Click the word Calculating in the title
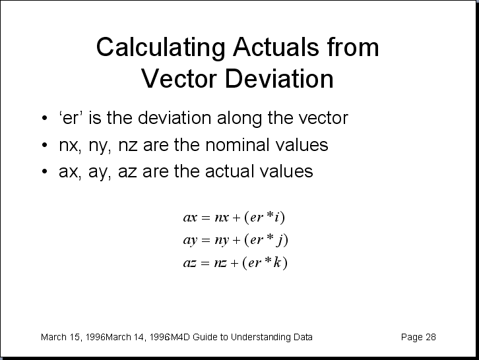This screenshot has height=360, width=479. tap(161, 48)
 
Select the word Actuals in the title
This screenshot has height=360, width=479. tap(276, 47)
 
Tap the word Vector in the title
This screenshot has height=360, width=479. tap(179, 78)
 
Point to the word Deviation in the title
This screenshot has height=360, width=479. tap(279, 78)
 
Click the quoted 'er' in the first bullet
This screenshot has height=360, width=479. tap(71, 118)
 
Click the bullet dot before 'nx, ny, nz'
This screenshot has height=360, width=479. tap(45, 145)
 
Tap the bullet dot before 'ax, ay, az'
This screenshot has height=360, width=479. tap(45, 171)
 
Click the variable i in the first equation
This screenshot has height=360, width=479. tap(276, 217)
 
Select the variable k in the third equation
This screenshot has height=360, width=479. tap(277, 262)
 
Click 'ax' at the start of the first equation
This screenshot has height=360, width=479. tap(190, 218)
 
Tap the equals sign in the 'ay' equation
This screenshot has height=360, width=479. tap(206, 240)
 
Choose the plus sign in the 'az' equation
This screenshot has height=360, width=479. tap(234, 263)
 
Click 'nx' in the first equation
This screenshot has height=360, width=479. tap(222, 218)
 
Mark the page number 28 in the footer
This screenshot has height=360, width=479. tap(430, 337)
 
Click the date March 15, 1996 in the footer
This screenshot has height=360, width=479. tap(73, 337)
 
